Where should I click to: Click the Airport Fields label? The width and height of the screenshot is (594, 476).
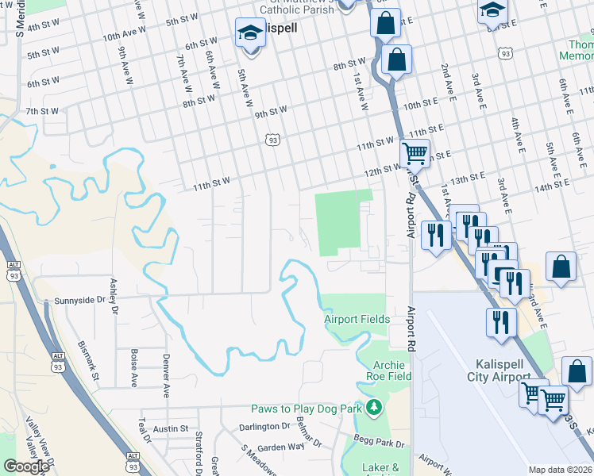click(357, 319)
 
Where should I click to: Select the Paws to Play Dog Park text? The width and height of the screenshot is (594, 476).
click(307, 409)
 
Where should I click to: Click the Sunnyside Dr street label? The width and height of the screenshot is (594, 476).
click(79, 301)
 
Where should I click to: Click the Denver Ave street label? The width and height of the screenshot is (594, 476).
click(166, 375)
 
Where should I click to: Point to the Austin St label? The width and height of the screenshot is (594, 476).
click(171, 428)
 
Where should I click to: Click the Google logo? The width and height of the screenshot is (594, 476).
click(27, 466)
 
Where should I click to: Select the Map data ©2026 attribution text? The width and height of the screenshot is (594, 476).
click(561, 470)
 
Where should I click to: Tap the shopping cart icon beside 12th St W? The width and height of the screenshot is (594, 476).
click(414, 152)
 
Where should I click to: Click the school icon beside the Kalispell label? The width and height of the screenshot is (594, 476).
click(250, 33)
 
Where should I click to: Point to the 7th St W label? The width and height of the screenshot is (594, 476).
click(43, 110)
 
